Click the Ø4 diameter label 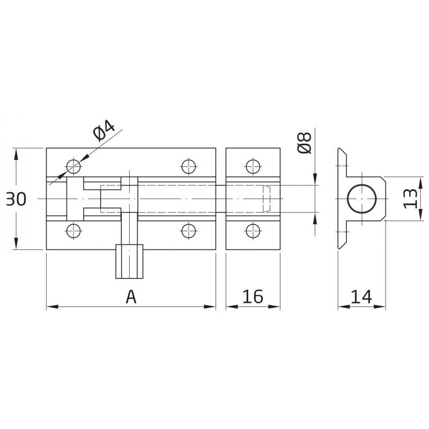pyautogui.click(x=104, y=130)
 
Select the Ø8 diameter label pyautogui.click(x=304, y=143)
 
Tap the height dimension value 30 pyautogui.click(x=17, y=199)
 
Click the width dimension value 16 pyautogui.click(x=253, y=297)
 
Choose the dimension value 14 pyautogui.click(x=361, y=297)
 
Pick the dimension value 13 pyautogui.click(x=410, y=199)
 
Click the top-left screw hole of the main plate pyautogui.click(x=73, y=166)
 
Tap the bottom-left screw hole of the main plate pyautogui.click(x=73, y=231)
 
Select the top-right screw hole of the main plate pyautogui.click(x=189, y=166)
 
